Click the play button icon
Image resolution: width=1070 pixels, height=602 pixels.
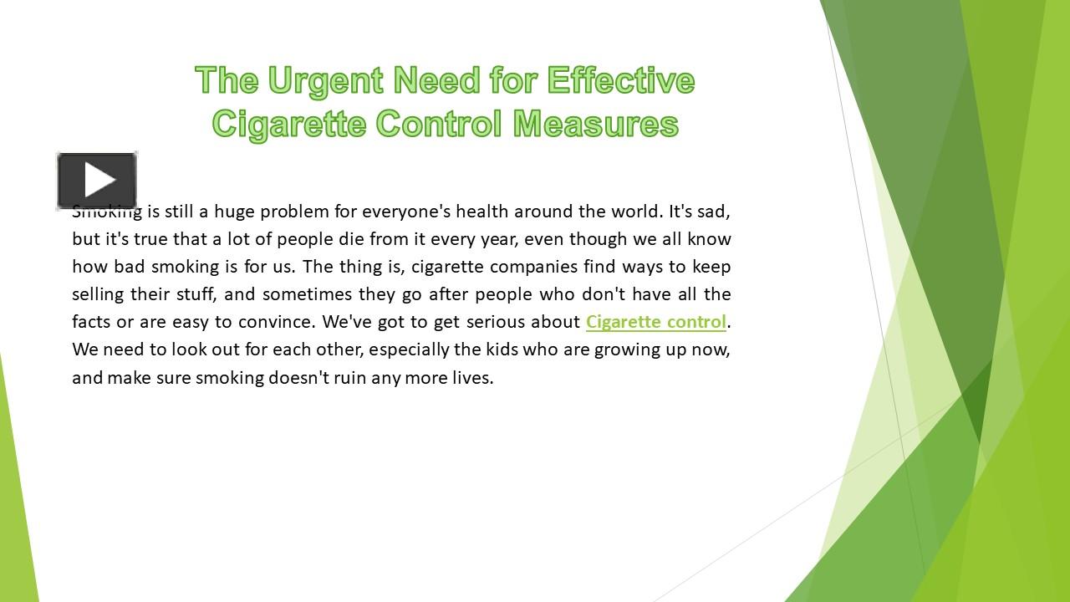coord(97,181)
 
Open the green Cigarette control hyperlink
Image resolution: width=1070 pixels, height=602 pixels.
coord(655,322)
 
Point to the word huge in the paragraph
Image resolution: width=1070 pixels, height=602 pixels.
coord(234,211)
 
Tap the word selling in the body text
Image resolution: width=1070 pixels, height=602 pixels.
coord(98,294)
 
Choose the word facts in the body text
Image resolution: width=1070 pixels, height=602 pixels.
coord(91,322)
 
